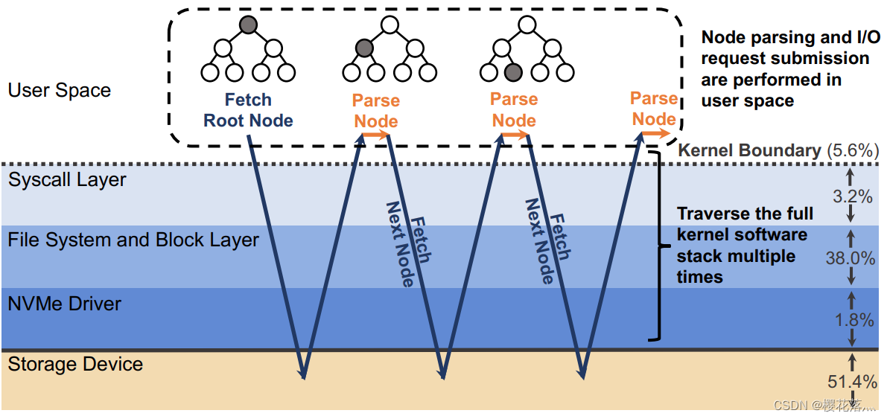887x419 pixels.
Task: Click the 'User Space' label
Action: coord(60,91)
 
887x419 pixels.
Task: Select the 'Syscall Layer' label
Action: coord(67,180)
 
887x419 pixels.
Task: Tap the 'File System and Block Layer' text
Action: coord(133,240)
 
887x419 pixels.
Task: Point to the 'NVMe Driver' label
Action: coord(65,304)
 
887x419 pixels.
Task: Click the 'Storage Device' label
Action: coord(75,365)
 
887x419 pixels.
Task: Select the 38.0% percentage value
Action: coord(850,258)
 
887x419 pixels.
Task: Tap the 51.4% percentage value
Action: coord(852,382)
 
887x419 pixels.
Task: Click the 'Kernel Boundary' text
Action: coord(749,150)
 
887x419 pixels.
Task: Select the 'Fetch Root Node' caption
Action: coord(248,110)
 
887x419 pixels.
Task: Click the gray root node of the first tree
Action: coord(248,25)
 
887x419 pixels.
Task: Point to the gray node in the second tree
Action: coord(363,48)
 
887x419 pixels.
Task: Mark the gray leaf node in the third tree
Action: coord(512,72)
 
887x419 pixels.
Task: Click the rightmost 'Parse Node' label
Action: coord(653,109)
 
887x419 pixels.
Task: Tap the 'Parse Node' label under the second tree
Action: coord(376,111)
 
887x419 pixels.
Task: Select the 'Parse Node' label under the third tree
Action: coord(514,109)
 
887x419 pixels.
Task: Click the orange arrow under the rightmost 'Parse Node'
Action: coord(655,133)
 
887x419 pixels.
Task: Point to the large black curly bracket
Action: coord(655,246)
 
